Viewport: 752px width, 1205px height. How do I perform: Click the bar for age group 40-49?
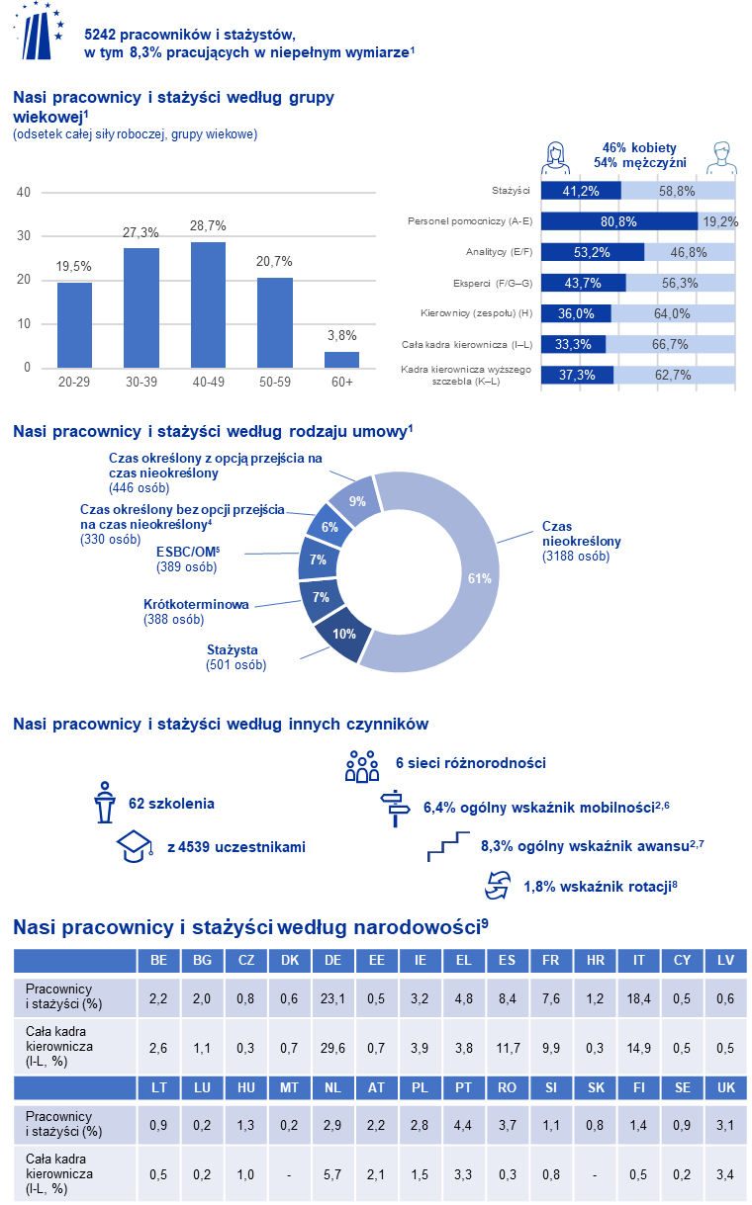(x=208, y=304)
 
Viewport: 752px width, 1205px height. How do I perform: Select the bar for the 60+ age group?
(x=341, y=359)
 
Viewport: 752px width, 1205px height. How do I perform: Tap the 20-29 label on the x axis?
(x=74, y=381)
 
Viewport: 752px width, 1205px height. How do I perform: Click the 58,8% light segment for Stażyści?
(x=679, y=190)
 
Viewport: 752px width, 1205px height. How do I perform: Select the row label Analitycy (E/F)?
(x=500, y=252)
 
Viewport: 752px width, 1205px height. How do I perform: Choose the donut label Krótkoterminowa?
(x=196, y=605)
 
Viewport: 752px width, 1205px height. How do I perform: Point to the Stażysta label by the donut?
(x=233, y=650)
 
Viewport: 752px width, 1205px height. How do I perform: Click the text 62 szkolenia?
(x=171, y=804)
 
